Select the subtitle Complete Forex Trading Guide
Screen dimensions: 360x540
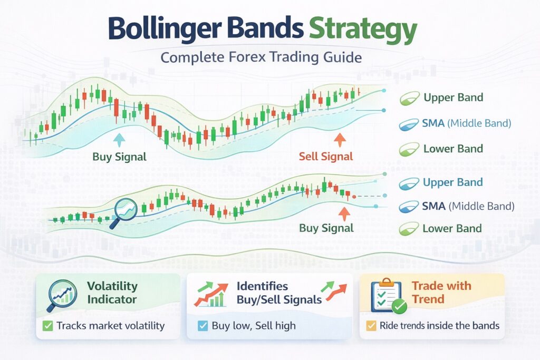point(262,56)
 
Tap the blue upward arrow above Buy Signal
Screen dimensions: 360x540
point(120,139)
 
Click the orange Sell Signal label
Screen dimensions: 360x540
point(325,157)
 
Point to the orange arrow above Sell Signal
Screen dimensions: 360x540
point(339,139)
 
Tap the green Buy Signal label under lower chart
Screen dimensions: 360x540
point(326,228)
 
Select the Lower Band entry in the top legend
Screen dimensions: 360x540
point(452,149)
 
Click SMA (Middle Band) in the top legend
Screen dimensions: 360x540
point(466,124)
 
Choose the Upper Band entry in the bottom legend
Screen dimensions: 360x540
point(452,182)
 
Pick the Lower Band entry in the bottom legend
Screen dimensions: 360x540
point(452,229)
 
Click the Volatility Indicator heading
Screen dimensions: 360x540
point(112,293)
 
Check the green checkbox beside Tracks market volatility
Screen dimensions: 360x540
point(48,326)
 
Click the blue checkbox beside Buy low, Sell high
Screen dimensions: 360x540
point(202,326)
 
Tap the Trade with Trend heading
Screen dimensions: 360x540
point(441,293)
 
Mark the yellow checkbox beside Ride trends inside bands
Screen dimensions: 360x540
point(371,326)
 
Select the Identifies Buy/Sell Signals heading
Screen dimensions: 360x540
point(279,293)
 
